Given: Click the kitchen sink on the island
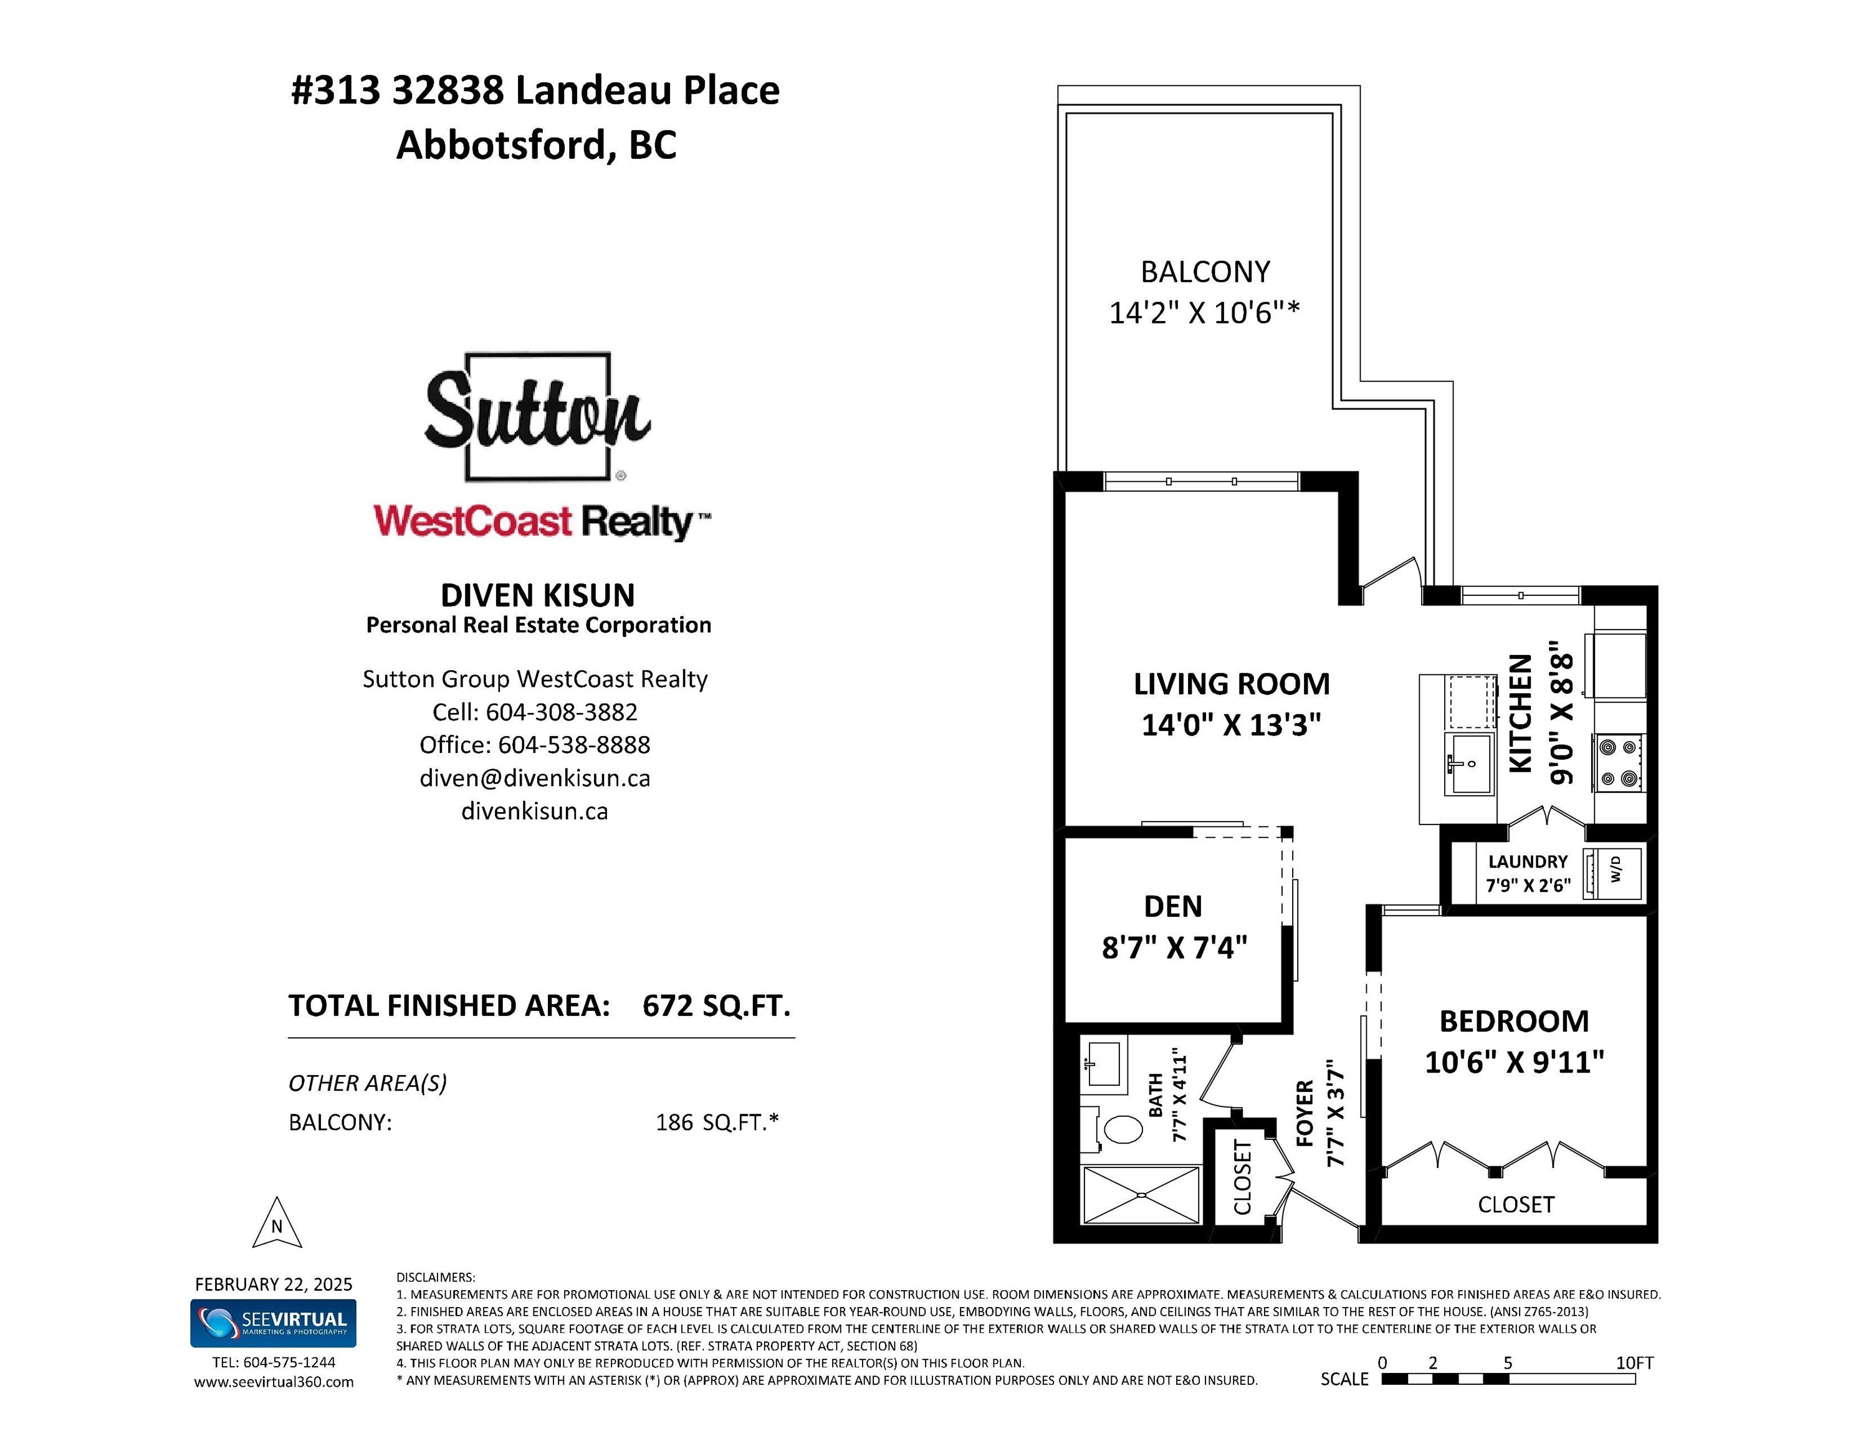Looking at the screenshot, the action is point(1468,762).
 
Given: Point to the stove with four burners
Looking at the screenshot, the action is point(1619,762).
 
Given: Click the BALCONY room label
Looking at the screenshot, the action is point(1205,272).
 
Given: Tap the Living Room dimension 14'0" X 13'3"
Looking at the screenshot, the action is point(1231,725).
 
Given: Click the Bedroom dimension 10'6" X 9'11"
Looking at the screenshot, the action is point(1515,1061).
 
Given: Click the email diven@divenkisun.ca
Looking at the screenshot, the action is point(535,778).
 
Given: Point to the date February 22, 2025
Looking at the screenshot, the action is point(274,1284).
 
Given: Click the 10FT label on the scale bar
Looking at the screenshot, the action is point(1634,1363).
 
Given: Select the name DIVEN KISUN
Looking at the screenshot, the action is point(538,595).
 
